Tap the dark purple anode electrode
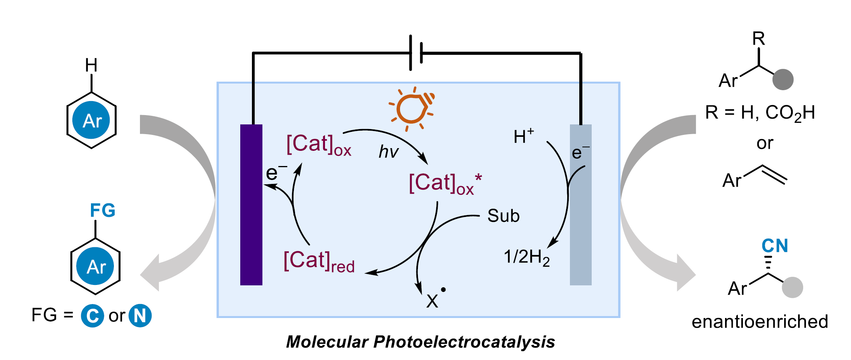click(251, 204)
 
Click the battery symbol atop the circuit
click(416, 53)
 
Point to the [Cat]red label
click(319, 261)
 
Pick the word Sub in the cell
click(503, 216)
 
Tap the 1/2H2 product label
click(526, 257)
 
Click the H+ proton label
click(523, 136)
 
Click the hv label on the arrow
click(388, 152)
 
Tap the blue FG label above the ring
click(103, 211)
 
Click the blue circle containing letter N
click(140, 315)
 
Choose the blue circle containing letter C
click(93, 315)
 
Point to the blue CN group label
click(774, 246)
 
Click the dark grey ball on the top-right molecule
click(783, 80)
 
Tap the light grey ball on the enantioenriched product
click(792, 287)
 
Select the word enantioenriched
click(760, 322)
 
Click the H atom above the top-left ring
click(91, 65)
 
